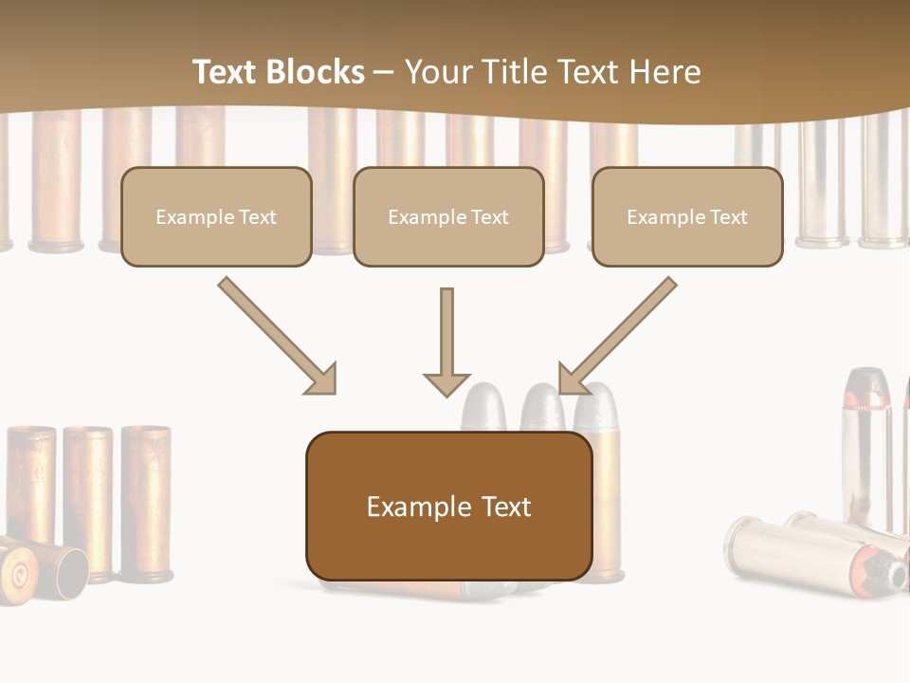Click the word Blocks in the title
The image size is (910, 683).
point(314,72)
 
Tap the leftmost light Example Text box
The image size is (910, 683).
point(216,216)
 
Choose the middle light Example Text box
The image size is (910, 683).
point(448,216)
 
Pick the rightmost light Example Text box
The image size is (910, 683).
point(687,216)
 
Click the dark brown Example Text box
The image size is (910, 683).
point(448,506)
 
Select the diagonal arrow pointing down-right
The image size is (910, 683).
point(278,335)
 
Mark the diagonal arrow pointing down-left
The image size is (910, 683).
point(618,335)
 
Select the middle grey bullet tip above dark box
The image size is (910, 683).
point(541,408)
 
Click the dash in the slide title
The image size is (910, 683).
point(384,72)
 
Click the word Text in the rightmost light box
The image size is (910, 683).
point(728,216)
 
